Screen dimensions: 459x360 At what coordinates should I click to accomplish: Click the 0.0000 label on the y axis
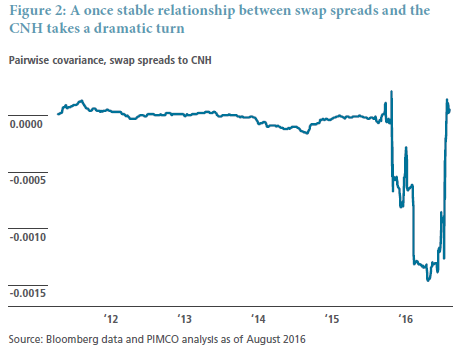coord(26,124)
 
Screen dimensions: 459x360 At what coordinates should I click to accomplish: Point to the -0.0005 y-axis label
coord(28,180)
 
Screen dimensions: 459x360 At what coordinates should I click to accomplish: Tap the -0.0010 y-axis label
coord(28,237)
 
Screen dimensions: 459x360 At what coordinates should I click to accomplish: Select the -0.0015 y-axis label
coord(28,293)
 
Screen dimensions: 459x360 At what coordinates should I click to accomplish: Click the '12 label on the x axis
coord(111,319)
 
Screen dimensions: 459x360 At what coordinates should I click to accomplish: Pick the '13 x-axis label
coord(185,319)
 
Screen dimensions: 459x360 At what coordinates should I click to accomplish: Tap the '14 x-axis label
coord(258,319)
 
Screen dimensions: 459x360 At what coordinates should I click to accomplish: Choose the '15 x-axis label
coord(332,319)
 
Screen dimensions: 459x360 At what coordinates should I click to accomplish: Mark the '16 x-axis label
coord(406,319)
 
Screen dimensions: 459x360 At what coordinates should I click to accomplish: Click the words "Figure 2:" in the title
coord(38,11)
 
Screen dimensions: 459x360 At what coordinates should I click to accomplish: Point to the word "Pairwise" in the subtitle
coord(29,60)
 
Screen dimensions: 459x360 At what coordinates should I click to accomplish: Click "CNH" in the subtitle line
coord(201,60)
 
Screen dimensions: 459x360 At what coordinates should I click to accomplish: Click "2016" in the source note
coord(294,339)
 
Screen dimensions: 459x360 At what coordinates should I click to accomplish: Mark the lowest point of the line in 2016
coord(428,280)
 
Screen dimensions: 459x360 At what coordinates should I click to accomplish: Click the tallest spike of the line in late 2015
coord(391,92)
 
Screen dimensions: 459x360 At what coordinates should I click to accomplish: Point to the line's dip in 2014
coord(307,133)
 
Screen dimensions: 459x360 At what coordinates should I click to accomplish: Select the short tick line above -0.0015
coord(28,285)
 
